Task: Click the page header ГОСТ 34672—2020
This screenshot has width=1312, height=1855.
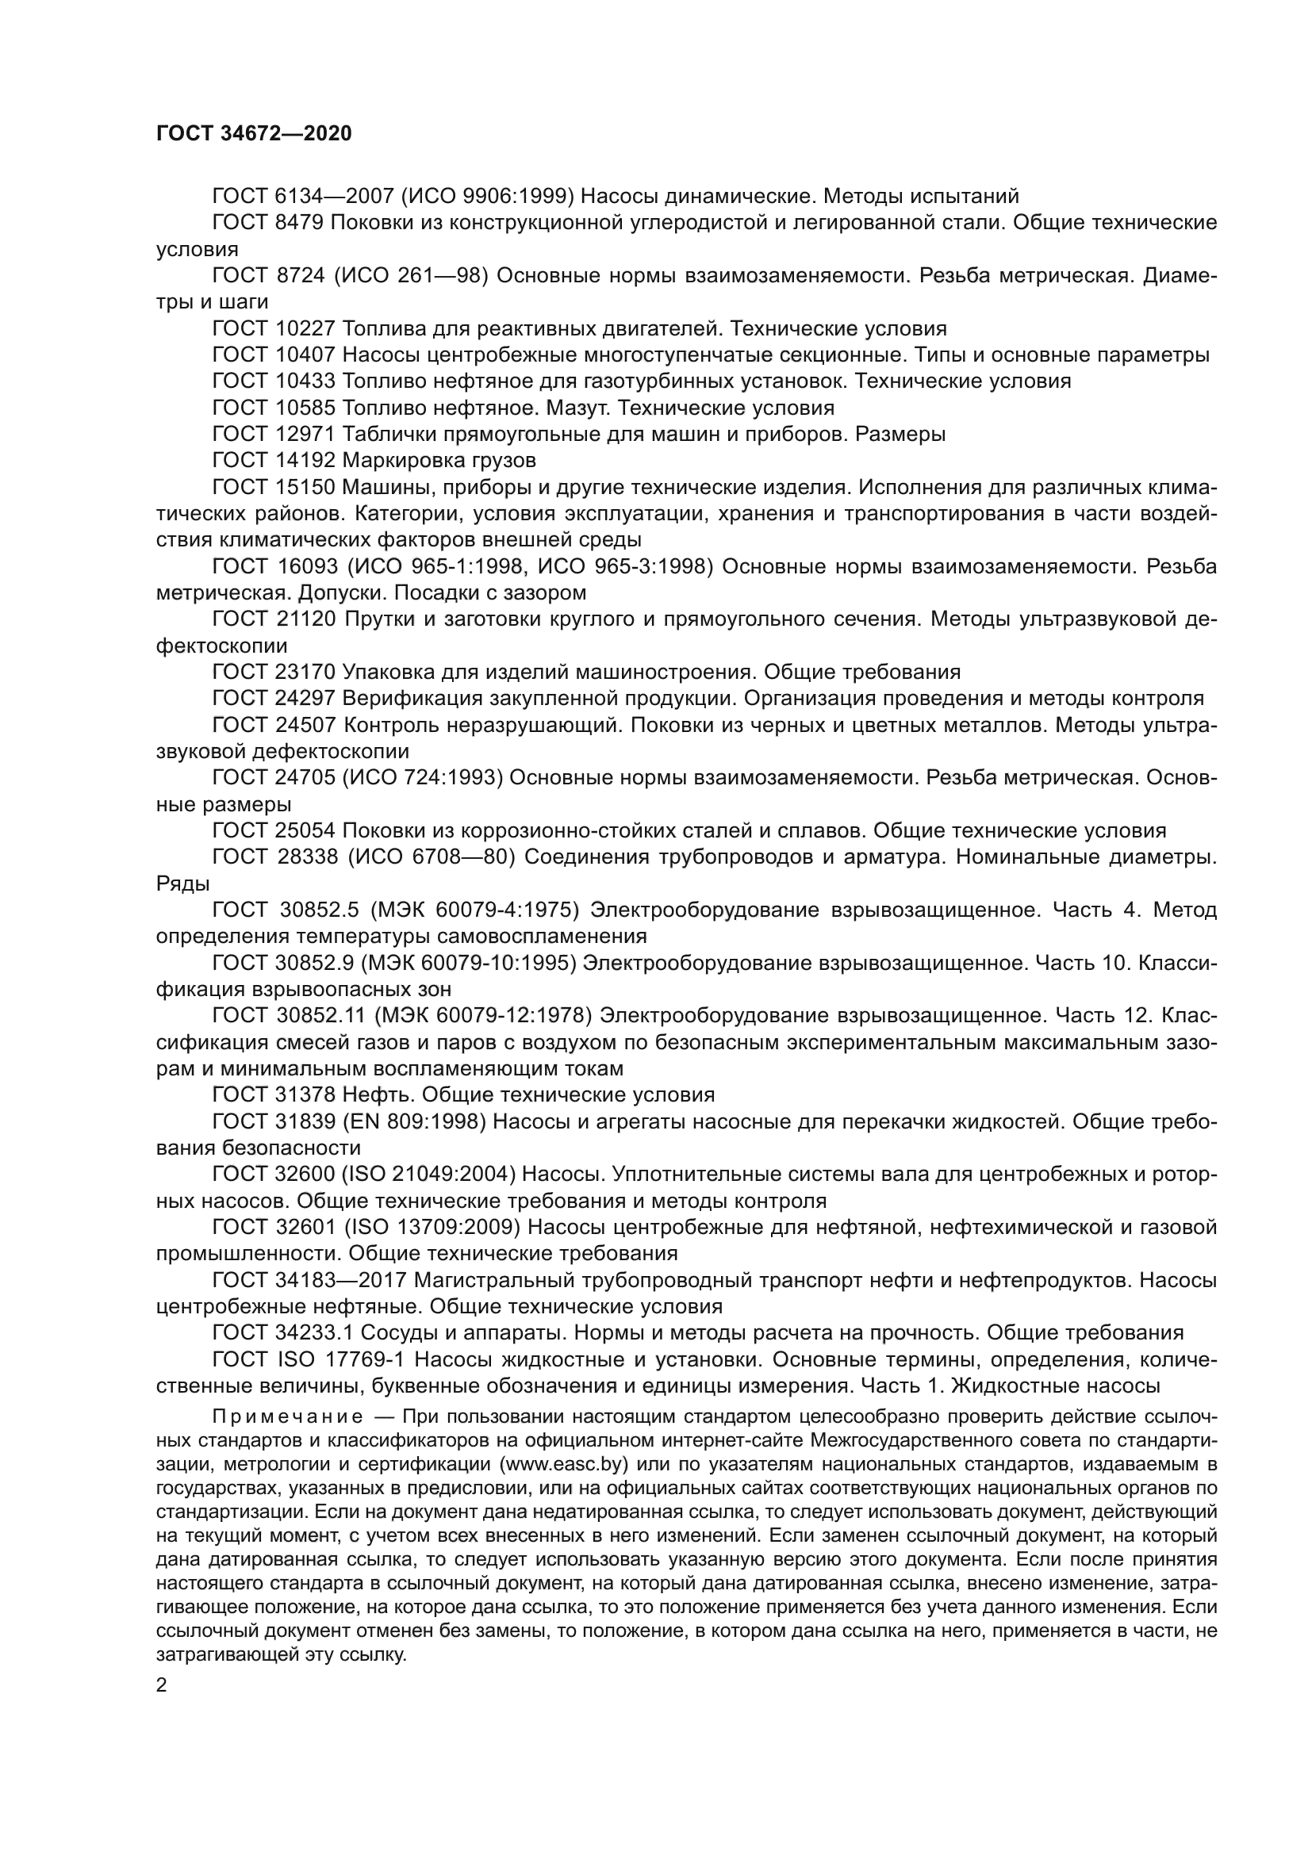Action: point(254,133)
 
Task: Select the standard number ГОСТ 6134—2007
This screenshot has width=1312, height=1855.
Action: point(301,196)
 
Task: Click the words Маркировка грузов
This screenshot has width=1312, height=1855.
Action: point(439,460)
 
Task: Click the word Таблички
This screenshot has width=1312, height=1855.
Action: point(382,434)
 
